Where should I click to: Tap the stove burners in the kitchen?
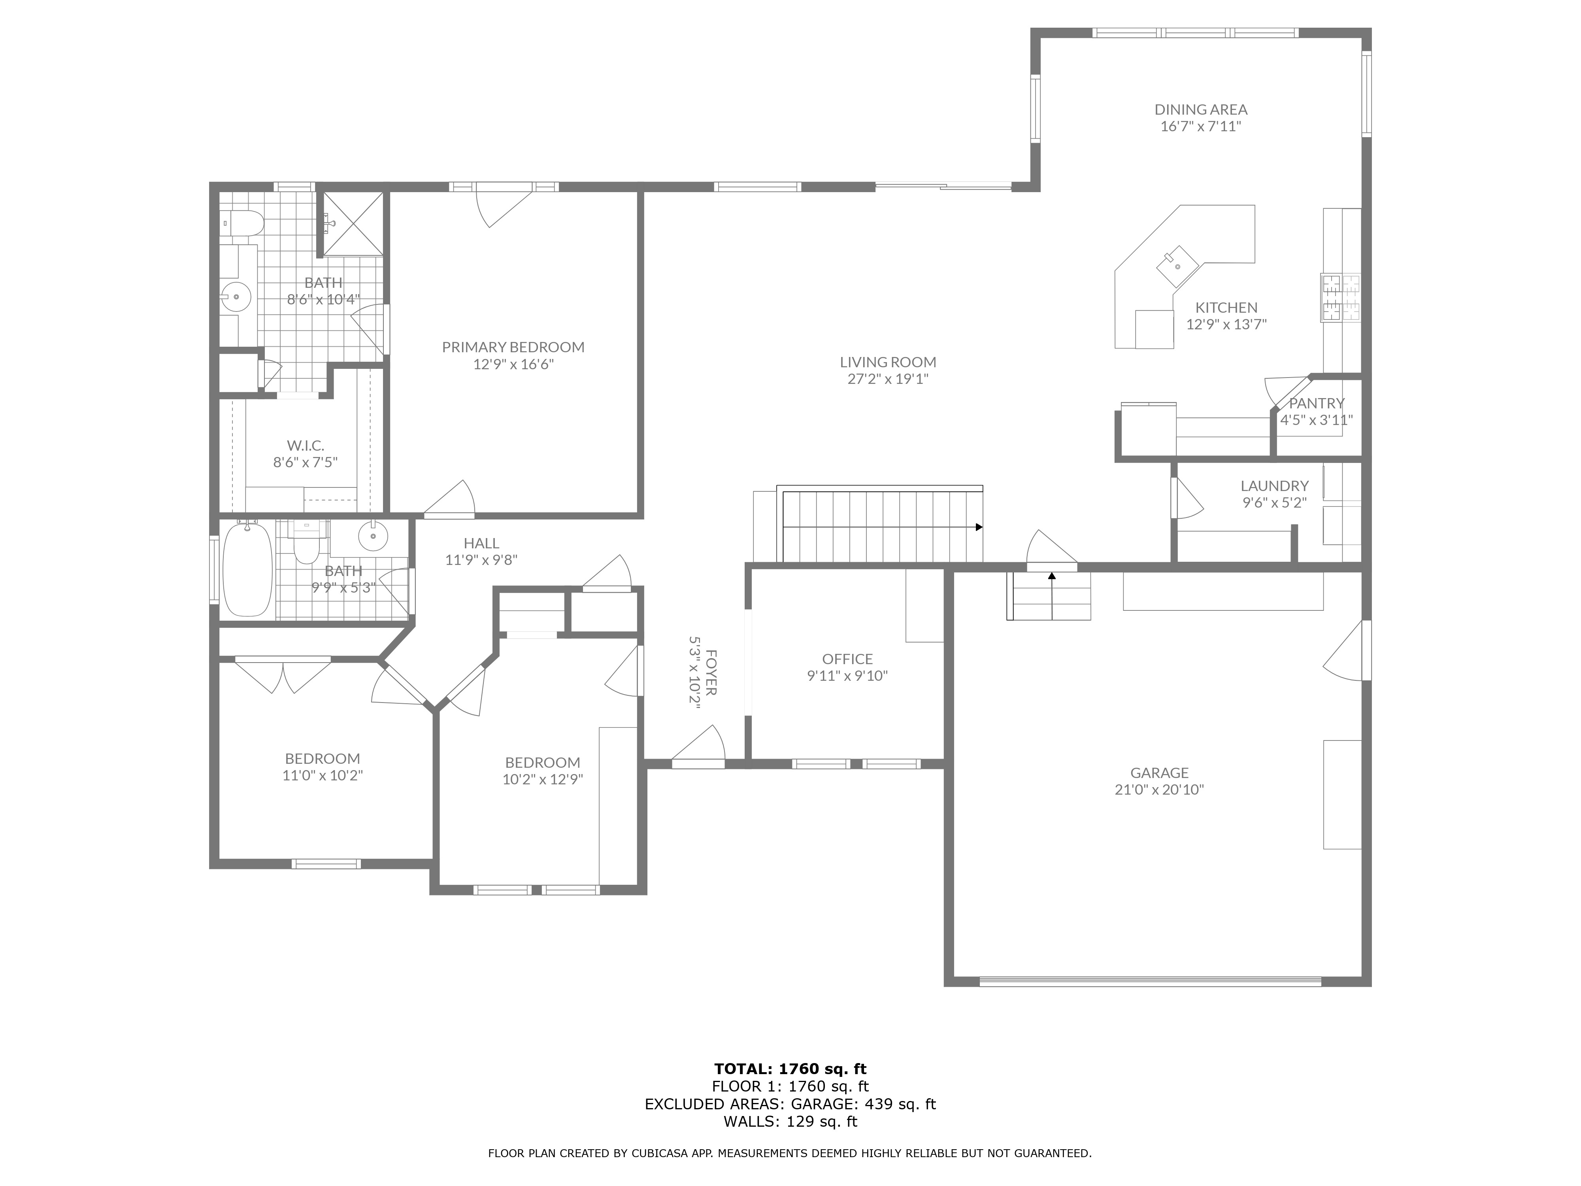1340,297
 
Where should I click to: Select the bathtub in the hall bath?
247,570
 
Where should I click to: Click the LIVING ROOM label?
888,363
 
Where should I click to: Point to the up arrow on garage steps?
1051,576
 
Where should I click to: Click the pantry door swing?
1279,392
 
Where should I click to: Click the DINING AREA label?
1201,110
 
